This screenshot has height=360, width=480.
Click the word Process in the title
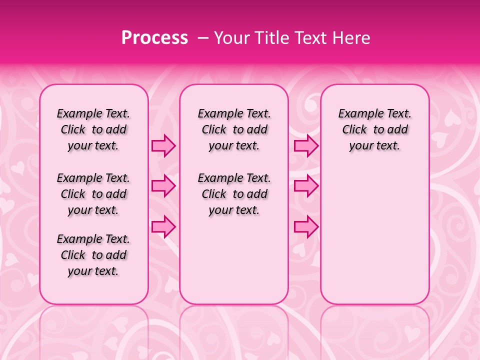coord(154,38)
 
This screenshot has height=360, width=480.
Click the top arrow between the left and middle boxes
coord(163,146)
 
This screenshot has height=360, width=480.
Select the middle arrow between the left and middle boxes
coord(163,186)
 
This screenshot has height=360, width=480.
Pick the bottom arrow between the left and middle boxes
coord(163,226)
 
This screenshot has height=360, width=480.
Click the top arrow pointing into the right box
coord(306,146)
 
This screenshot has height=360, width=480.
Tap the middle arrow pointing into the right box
coord(306,186)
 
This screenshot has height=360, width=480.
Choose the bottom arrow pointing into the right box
coord(306,226)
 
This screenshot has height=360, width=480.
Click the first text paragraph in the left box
coord(93,129)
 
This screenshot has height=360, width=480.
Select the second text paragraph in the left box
coord(93,194)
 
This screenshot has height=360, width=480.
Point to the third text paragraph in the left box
coord(93,255)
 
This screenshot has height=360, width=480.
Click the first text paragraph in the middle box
coord(234,129)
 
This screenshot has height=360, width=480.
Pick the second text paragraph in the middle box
coord(234,194)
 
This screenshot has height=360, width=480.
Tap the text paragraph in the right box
coord(375,129)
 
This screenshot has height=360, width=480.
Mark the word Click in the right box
coord(354,129)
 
